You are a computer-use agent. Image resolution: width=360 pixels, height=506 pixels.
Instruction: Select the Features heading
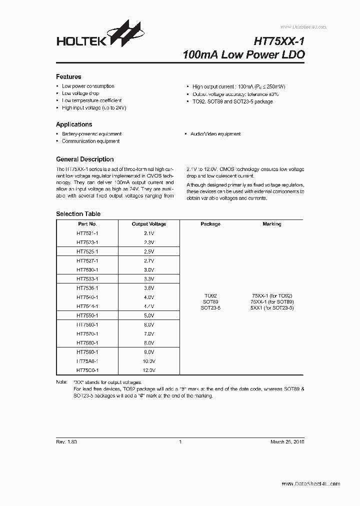[x=68, y=77]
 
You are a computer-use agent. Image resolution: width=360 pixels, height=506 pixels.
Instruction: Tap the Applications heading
[x=74, y=124]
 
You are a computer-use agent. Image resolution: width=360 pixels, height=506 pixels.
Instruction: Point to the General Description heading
[x=84, y=159]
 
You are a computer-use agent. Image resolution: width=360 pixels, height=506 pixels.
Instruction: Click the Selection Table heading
[x=78, y=214]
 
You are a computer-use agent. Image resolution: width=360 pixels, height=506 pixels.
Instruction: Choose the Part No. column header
[x=87, y=224]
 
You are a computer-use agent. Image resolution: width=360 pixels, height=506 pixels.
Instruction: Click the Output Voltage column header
[x=149, y=224]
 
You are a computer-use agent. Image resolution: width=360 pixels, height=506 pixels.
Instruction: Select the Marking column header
[x=272, y=224]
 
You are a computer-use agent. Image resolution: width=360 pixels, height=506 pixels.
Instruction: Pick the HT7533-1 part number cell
[x=87, y=279]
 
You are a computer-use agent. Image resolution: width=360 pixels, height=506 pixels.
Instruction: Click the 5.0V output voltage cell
[x=149, y=315]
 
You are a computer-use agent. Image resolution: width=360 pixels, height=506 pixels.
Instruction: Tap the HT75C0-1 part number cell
[x=87, y=370]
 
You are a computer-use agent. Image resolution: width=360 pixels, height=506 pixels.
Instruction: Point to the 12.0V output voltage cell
[x=149, y=370]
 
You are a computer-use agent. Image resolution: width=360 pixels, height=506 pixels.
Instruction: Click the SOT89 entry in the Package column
[x=210, y=302]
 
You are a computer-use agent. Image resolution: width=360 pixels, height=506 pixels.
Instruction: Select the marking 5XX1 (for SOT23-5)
[x=272, y=308]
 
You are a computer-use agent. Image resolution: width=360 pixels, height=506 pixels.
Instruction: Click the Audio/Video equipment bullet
[x=215, y=134]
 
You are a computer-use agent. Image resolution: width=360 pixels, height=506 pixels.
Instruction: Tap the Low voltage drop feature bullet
[x=80, y=93]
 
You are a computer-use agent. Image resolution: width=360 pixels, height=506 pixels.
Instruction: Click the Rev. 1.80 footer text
[x=66, y=442]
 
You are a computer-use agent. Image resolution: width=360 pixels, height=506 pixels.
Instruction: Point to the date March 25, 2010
[x=287, y=442]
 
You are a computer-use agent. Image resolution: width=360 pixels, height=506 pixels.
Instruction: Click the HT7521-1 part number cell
[x=87, y=233]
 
